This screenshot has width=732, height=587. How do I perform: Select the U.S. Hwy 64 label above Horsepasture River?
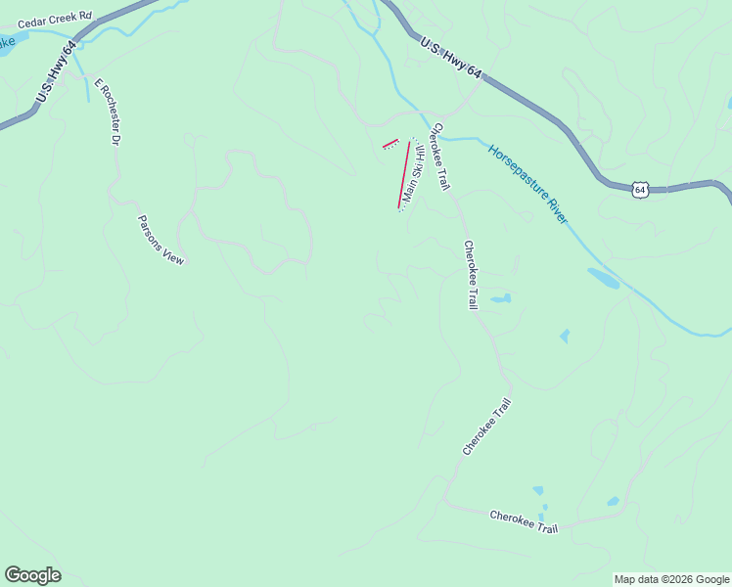point(452,58)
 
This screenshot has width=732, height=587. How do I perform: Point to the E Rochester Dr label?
point(106,113)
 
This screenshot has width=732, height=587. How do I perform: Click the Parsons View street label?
point(160,240)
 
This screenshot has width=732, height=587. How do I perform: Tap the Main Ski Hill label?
point(413,174)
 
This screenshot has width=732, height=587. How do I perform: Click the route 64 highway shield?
point(639,189)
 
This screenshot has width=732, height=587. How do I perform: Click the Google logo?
point(32,575)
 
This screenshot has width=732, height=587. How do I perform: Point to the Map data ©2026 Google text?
point(670,579)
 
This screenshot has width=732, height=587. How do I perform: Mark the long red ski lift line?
point(403,174)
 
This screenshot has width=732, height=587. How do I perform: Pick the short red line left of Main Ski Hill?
point(390,145)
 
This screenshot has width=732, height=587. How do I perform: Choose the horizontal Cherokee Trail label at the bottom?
point(524,521)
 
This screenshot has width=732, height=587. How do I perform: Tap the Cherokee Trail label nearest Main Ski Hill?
point(440,156)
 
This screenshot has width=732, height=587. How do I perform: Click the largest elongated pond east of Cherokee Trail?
point(603,278)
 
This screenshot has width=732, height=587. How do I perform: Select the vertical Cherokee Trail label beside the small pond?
point(471,275)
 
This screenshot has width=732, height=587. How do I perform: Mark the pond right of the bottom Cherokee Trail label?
point(613,502)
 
